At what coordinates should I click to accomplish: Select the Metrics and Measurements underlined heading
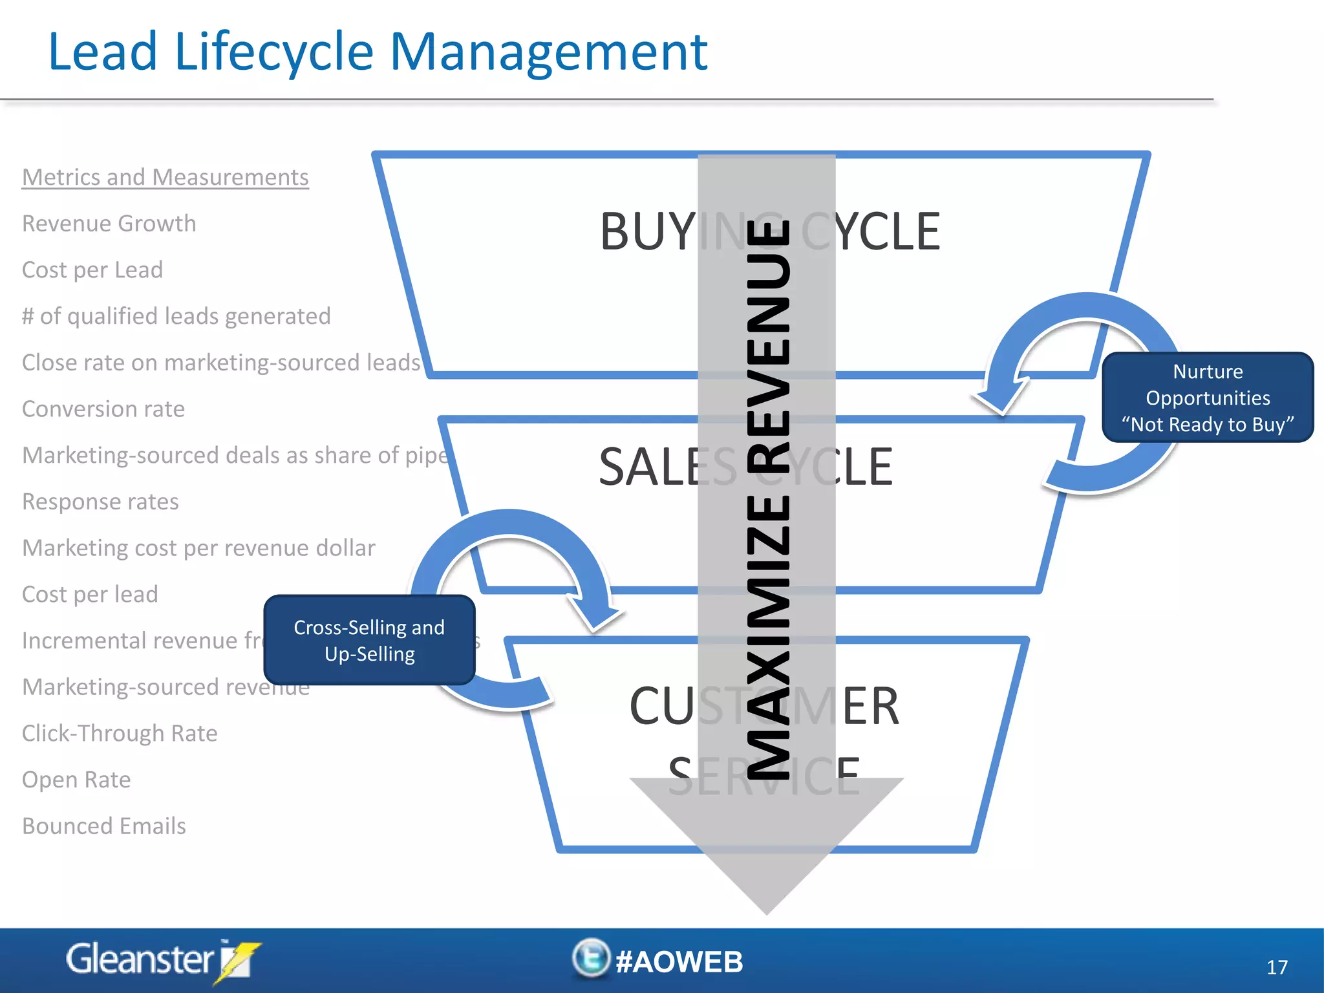165,177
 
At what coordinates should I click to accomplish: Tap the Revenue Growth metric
109,224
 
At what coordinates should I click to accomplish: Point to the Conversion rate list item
103,409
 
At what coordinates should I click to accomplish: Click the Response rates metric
100,502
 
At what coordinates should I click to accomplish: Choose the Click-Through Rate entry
120,733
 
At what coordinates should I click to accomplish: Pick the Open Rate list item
76,780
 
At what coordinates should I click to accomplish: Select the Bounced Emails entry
104,826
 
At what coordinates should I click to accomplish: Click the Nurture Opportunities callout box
1208,398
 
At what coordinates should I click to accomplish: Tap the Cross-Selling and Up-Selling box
369,640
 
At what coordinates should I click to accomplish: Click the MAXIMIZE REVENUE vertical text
768,498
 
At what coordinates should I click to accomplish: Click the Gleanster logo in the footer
162,961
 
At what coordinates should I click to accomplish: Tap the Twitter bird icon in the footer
591,958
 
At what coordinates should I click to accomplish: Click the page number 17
1277,967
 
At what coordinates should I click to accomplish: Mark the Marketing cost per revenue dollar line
198,548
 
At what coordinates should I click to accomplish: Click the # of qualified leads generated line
176,316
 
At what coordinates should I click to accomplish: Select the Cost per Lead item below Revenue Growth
92,270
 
